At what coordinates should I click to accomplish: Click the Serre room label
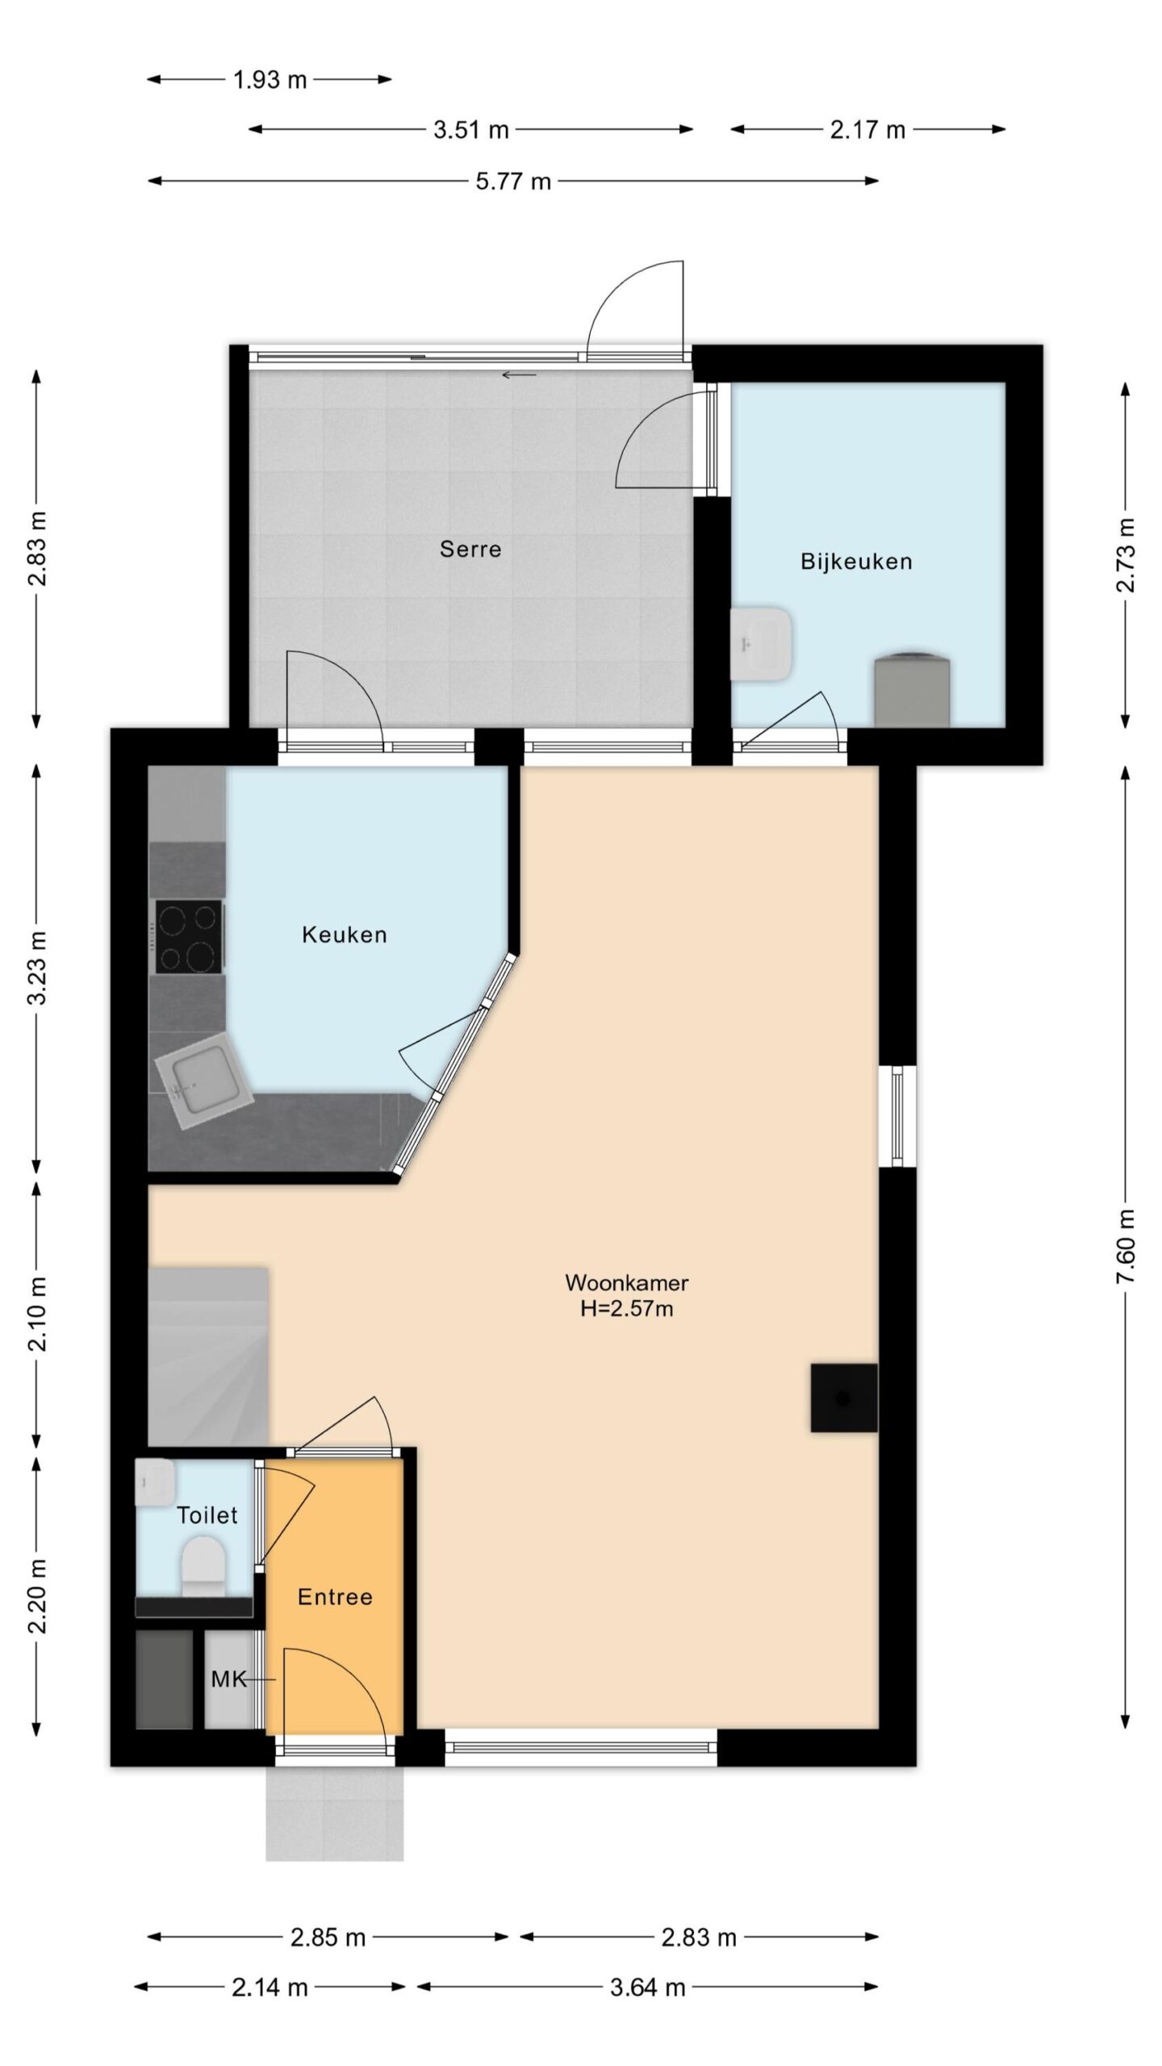click(470, 550)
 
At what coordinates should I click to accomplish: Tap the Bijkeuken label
click(856, 562)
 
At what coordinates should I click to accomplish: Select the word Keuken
click(345, 935)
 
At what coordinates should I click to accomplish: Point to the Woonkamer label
click(627, 1282)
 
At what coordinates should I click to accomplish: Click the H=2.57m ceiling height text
click(627, 1308)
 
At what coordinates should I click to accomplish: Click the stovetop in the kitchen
click(190, 937)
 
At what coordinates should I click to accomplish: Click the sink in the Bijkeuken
click(760, 644)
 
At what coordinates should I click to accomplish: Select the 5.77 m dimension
click(513, 182)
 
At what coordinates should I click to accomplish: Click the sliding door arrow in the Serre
click(519, 374)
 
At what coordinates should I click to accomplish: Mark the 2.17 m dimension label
click(868, 129)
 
